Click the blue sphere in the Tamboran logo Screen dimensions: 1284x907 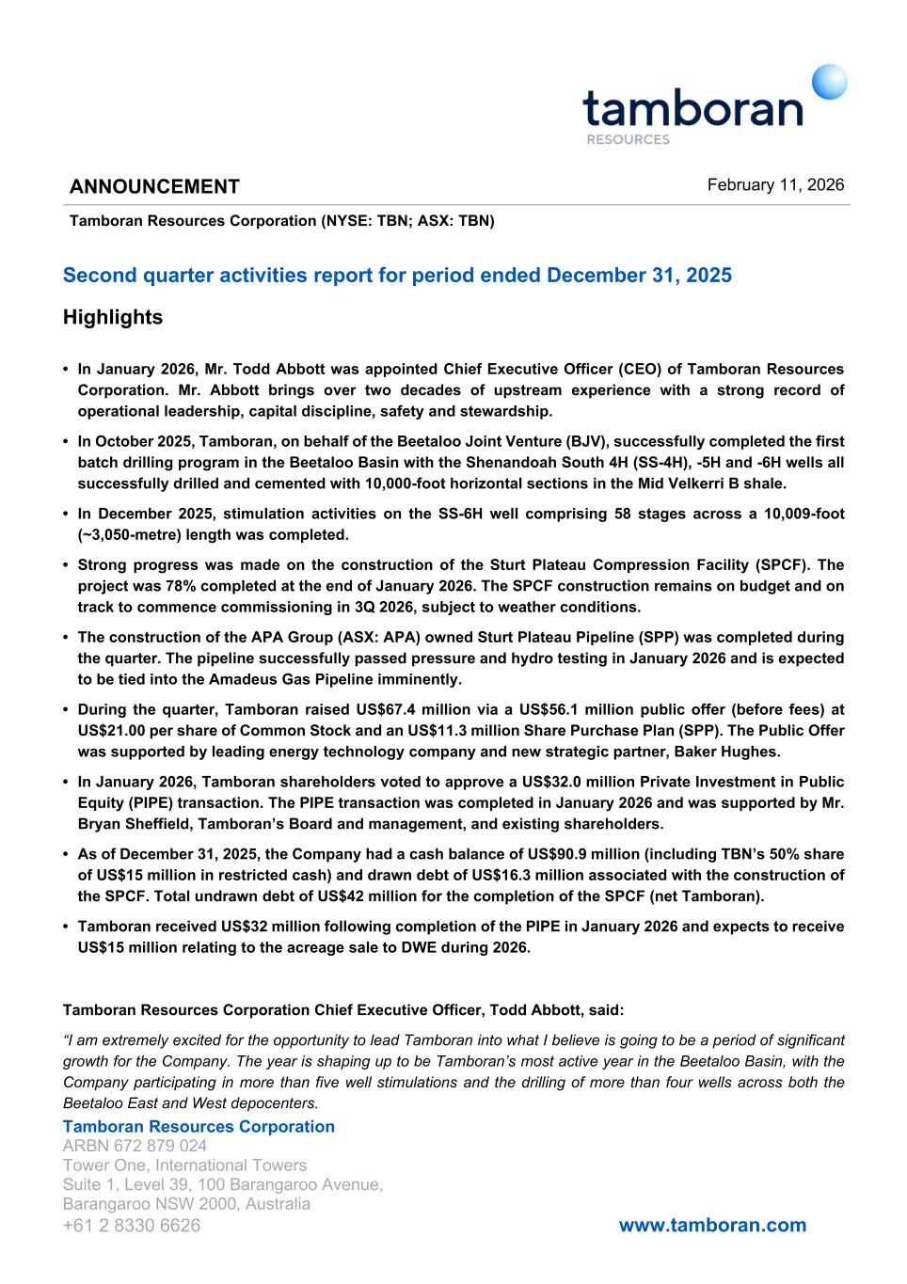829,82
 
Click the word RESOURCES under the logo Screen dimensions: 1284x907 628,139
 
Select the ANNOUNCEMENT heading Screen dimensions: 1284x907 154,186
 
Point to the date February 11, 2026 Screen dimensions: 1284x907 775,184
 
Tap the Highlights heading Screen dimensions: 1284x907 113,318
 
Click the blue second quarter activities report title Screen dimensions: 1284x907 397,276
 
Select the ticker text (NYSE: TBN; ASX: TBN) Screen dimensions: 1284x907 407,221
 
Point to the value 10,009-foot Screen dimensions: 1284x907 794,514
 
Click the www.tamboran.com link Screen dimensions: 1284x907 712,1225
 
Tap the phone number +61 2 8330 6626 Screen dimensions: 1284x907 132,1225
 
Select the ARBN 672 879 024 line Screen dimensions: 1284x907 135,1146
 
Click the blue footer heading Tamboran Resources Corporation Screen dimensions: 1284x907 199,1126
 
